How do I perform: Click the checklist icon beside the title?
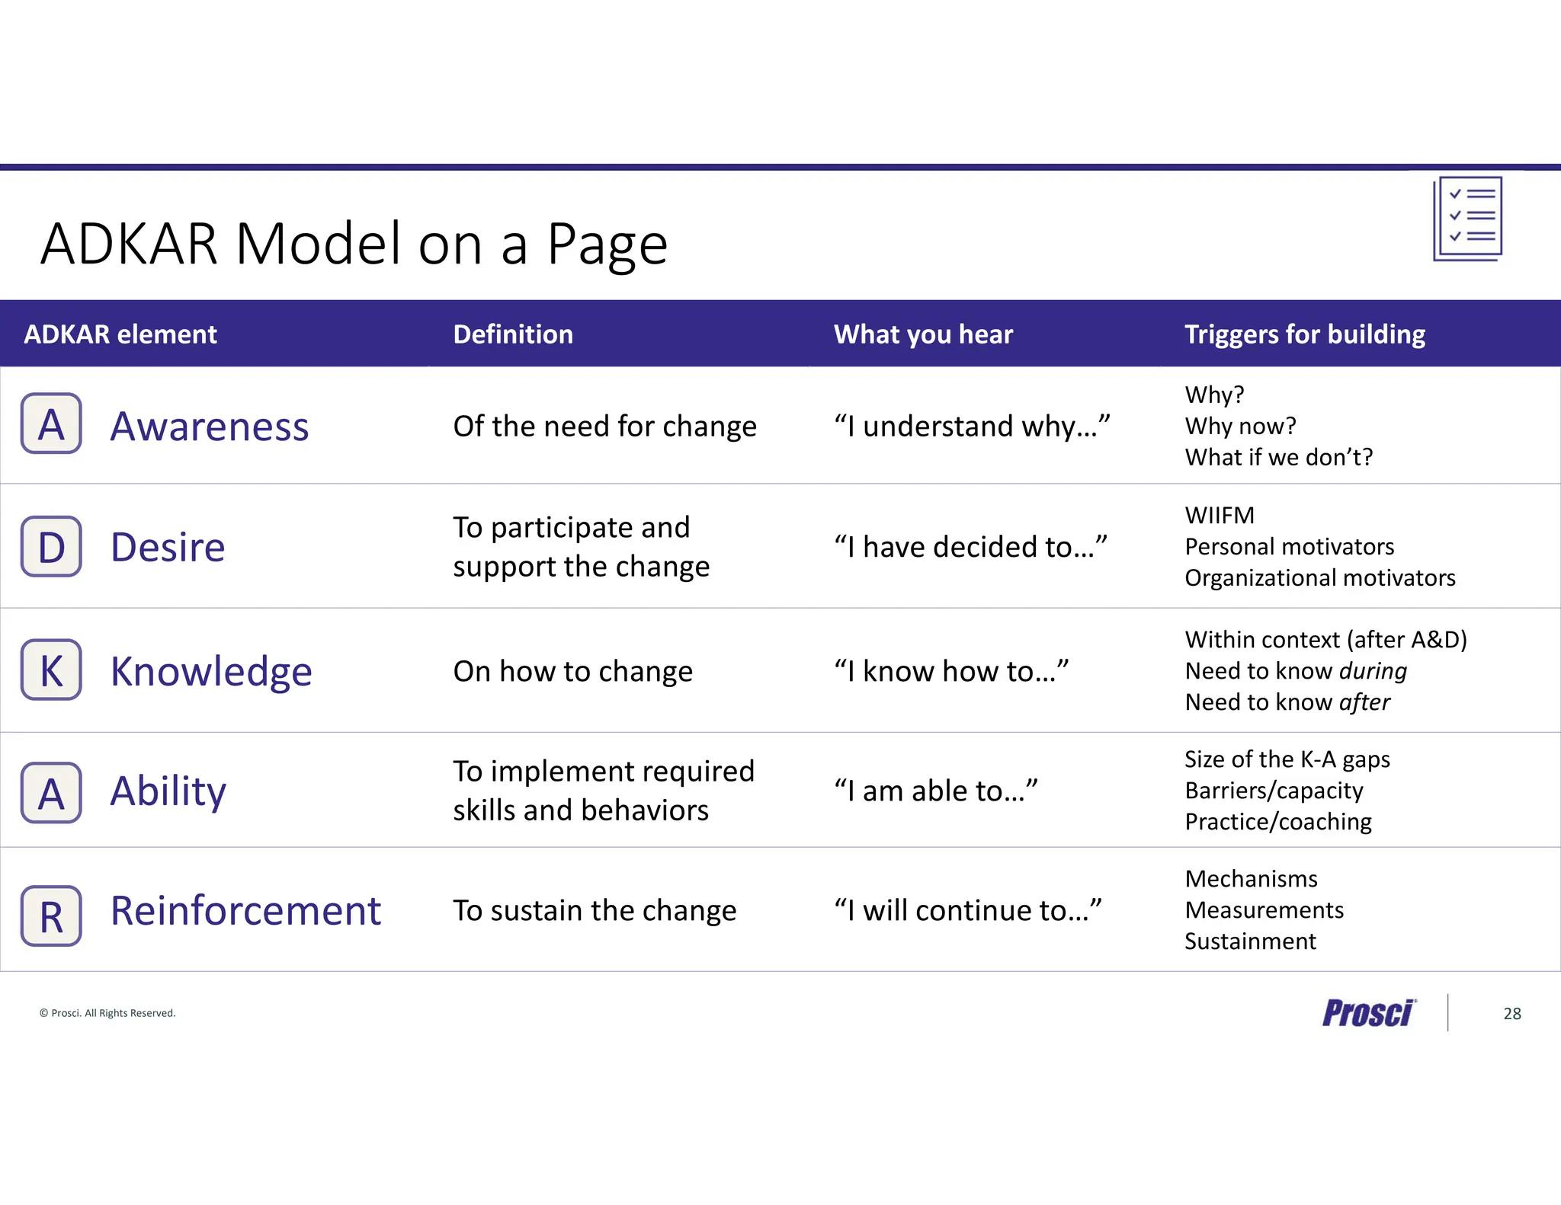1467,219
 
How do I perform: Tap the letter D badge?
51,547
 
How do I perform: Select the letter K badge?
51,670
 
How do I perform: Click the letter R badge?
51,916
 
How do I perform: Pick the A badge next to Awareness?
51,424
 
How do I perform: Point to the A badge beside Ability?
51,792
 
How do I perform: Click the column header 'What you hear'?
923,334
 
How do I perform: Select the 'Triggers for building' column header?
1304,334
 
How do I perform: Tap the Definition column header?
513,334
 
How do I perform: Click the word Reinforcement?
245,910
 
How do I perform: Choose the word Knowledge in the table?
211,671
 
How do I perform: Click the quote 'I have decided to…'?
970,547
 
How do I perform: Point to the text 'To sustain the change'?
595,910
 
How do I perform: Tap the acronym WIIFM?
1219,516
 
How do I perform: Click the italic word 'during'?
1373,671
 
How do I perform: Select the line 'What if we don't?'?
1278,457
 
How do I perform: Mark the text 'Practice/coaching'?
1278,822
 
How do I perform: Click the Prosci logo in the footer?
1368,1013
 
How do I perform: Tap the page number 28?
1512,1014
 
